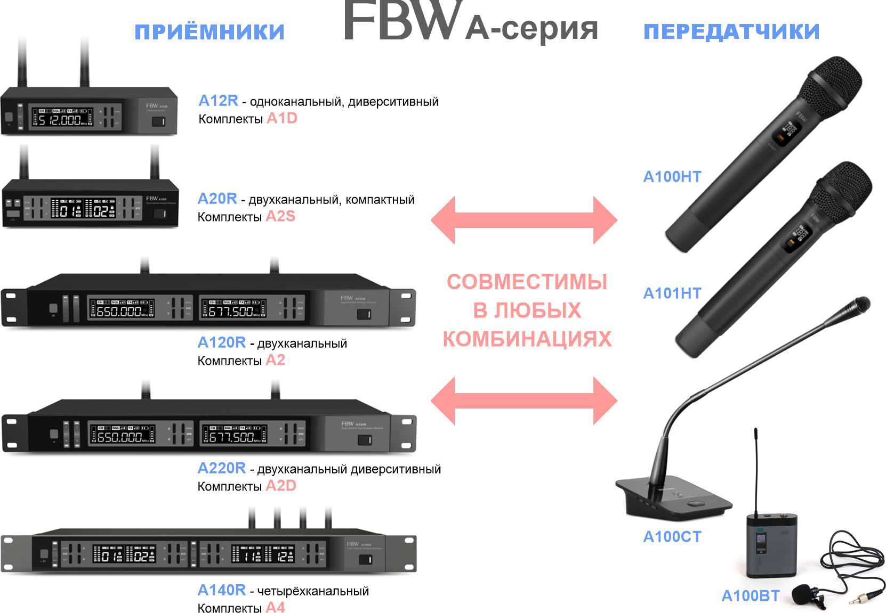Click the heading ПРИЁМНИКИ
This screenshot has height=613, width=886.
[210, 32]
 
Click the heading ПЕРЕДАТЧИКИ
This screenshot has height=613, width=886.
[731, 32]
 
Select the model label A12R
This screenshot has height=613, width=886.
[218, 101]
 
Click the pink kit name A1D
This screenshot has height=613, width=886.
[281, 118]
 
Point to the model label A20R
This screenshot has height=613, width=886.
[217, 199]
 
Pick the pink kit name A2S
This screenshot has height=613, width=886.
[280, 216]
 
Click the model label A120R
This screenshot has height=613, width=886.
[222, 342]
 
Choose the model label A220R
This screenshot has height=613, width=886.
[222, 468]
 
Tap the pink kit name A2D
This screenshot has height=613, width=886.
[281, 486]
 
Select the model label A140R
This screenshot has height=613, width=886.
[222, 590]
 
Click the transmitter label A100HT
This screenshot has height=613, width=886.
[672, 177]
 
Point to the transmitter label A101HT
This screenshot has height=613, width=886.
[672, 293]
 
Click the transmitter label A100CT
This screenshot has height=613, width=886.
[672, 537]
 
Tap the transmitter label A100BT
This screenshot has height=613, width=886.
[750, 596]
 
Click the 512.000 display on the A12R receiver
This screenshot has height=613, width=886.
[63, 119]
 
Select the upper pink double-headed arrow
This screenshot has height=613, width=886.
[523, 220]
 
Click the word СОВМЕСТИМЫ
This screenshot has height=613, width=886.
[527, 282]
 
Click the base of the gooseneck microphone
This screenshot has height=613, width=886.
[674, 498]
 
